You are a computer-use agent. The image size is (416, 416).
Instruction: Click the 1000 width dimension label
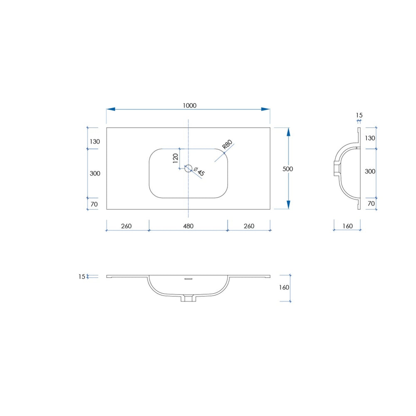189,106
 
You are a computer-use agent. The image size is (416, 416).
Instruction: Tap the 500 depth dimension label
287,169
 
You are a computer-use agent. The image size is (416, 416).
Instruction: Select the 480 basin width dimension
188,226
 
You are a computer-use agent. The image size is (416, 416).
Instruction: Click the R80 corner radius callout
228,144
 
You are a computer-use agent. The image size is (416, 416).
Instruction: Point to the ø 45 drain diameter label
199,171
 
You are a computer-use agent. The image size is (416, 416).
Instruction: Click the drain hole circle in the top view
188,168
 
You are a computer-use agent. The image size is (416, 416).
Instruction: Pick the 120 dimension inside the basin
176,158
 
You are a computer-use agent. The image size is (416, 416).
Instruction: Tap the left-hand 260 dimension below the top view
126,226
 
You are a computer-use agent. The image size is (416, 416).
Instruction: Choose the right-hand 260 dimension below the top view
249,226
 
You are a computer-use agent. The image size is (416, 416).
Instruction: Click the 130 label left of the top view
95,142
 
